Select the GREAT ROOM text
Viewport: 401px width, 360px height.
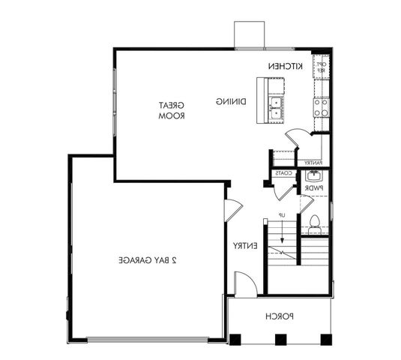click(x=172, y=111)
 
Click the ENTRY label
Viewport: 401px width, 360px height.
click(x=245, y=246)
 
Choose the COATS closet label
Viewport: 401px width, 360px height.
click(x=283, y=173)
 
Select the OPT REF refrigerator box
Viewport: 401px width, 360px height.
click(x=320, y=67)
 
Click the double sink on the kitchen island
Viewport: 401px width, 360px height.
click(x=276, y=108)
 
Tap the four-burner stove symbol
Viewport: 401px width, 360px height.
click(x=321, y=109)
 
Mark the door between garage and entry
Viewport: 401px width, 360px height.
click(x=232, y=209)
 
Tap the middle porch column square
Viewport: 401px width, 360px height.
click(x=280, y=339)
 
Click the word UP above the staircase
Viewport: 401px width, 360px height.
click(x=283, y=216)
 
